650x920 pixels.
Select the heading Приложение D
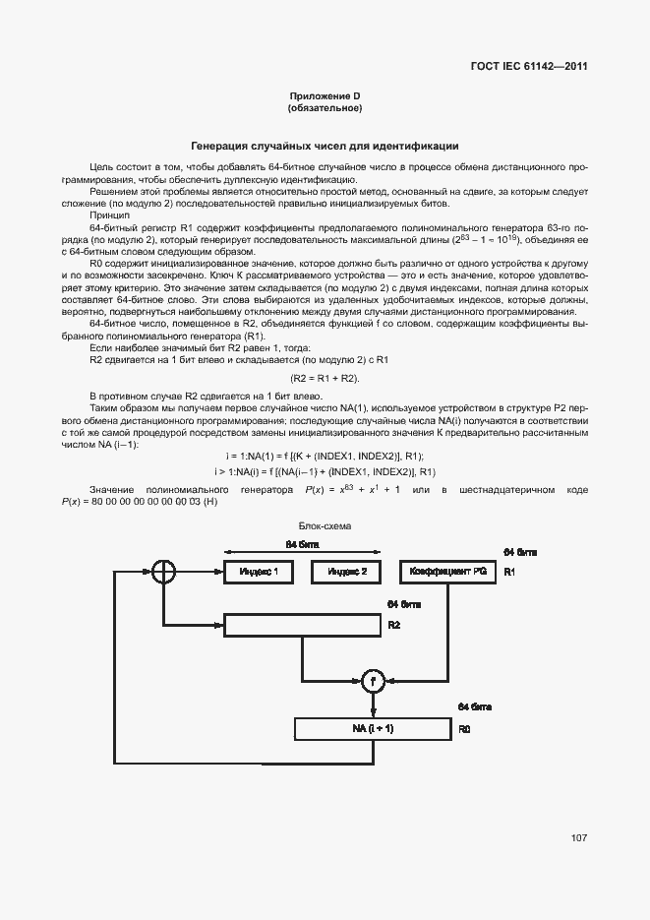(325, 94)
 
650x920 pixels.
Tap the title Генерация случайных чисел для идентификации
(325, 145)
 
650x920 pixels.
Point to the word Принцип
(109, 215)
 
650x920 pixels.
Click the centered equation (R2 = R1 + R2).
(325, 378)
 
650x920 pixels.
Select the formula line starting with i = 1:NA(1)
(325, 456)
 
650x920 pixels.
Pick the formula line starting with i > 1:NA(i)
(325, 472)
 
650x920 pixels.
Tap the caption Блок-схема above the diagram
(325, 526)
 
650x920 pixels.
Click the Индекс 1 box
(259, 572)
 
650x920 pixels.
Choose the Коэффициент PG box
(448, 572)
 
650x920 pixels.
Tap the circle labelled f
(372, 680)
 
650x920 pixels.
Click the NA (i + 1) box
(373, 729)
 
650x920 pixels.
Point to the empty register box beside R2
(303, 625)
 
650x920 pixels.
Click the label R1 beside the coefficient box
(509, 572)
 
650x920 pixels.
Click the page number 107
(578, 838)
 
